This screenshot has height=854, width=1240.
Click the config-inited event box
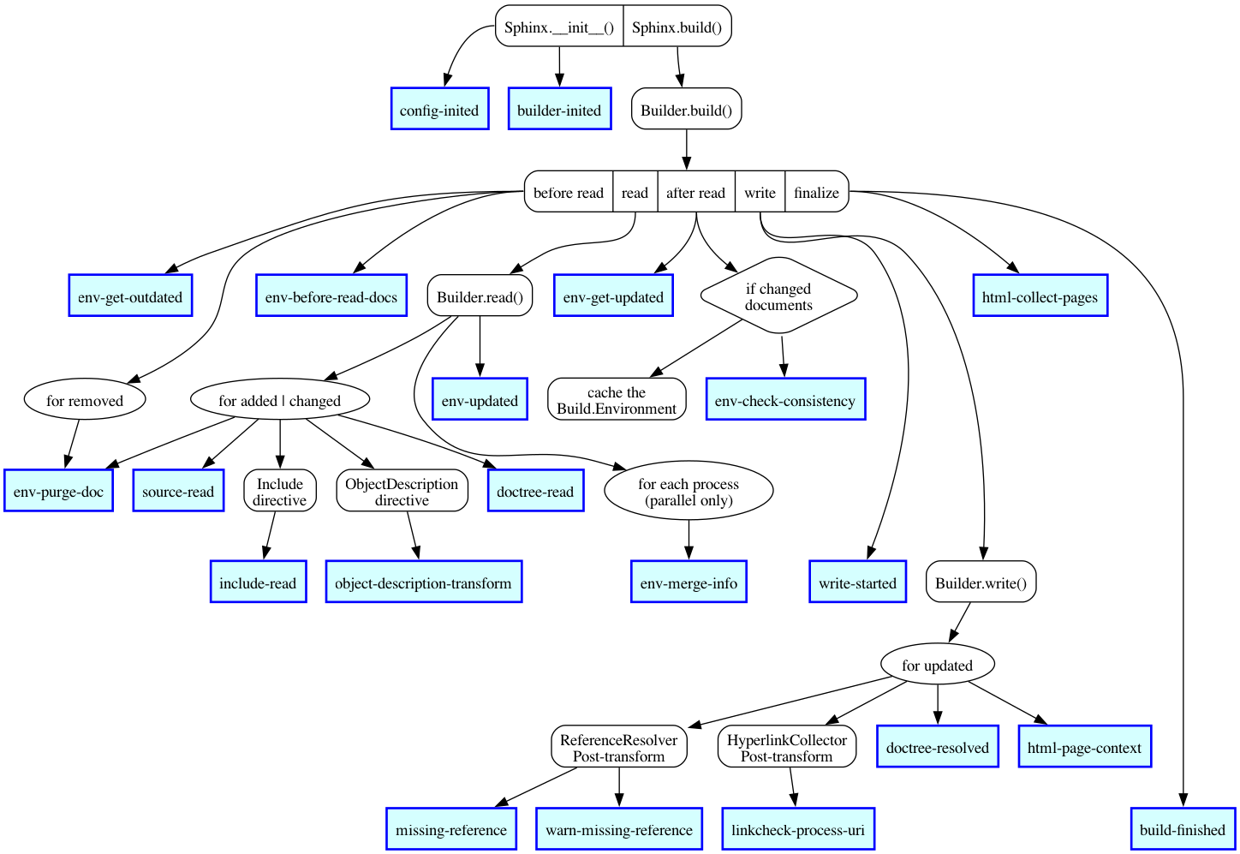click(x=439, y=109)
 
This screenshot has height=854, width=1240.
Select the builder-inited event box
click(x=559, y=109)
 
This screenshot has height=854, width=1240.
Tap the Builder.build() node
click(x=686, y=109)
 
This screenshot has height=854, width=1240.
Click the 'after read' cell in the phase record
click(x=695, y=193)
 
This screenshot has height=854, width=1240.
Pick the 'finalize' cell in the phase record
click(x=816, y=193)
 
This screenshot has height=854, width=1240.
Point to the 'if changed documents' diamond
click(x=778, y=296)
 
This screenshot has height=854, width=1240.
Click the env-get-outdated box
click(x=130, y=296)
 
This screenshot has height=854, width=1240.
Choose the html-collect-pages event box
click(x=1040, y=296)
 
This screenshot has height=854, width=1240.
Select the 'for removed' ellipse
click(x=85, y=400)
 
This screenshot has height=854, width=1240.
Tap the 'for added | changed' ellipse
click(x=279, y=400)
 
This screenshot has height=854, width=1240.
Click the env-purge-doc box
click(x=58, y=492)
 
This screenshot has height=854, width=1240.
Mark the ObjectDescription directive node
click(x=402, y=492)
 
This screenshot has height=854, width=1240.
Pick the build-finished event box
click(x=1182, y=829)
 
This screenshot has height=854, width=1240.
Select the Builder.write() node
click(x=981, y=582)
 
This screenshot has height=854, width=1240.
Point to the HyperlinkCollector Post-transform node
click(x=786, y=747)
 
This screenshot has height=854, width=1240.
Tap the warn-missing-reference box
click(x=618, y=829)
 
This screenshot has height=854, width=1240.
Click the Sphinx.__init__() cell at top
click(x=559, y=27)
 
